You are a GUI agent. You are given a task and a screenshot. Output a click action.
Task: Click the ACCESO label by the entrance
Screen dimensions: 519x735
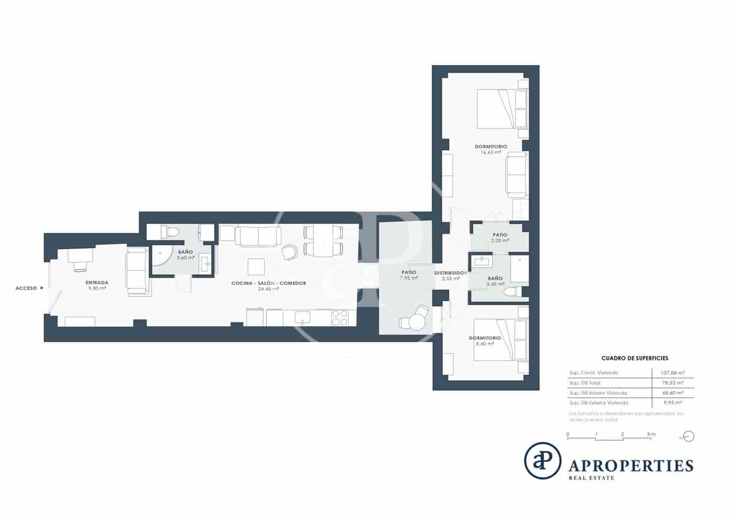pyautogui.click(x=26, y=288)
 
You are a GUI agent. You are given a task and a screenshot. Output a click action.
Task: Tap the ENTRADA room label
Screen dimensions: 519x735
pyautogui.click(x=97, y=283)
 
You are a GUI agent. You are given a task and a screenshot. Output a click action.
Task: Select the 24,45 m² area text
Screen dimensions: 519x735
pyautogui.click(x=268, y=289)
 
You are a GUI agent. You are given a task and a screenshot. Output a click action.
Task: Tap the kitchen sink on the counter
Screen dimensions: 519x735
pyautogui.click(x=302, y=317)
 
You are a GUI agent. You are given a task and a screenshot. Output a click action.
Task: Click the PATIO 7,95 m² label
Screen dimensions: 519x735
pyautogui.click(x=408, y=275)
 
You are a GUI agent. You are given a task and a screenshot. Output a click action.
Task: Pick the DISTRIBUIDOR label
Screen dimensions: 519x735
pyautogui.click(x=450, y=273)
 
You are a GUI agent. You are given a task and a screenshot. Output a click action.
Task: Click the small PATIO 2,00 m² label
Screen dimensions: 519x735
pyautogui.click(x=500, y=237)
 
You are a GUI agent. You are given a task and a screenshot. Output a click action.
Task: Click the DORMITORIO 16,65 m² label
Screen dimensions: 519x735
pyautogui.click(x=491, y=149)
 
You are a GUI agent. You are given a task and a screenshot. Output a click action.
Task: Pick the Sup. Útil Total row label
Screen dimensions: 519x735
pyautogui.click(x=585, y=383)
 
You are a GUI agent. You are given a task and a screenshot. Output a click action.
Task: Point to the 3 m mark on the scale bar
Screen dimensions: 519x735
pyautogui.click(x=651, y=435)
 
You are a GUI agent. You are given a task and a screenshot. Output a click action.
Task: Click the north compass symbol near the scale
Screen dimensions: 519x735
pyautogui.click(x=689, y=437)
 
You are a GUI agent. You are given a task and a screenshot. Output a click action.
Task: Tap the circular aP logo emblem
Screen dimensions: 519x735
pyautogui.click(x=543, y=461)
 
